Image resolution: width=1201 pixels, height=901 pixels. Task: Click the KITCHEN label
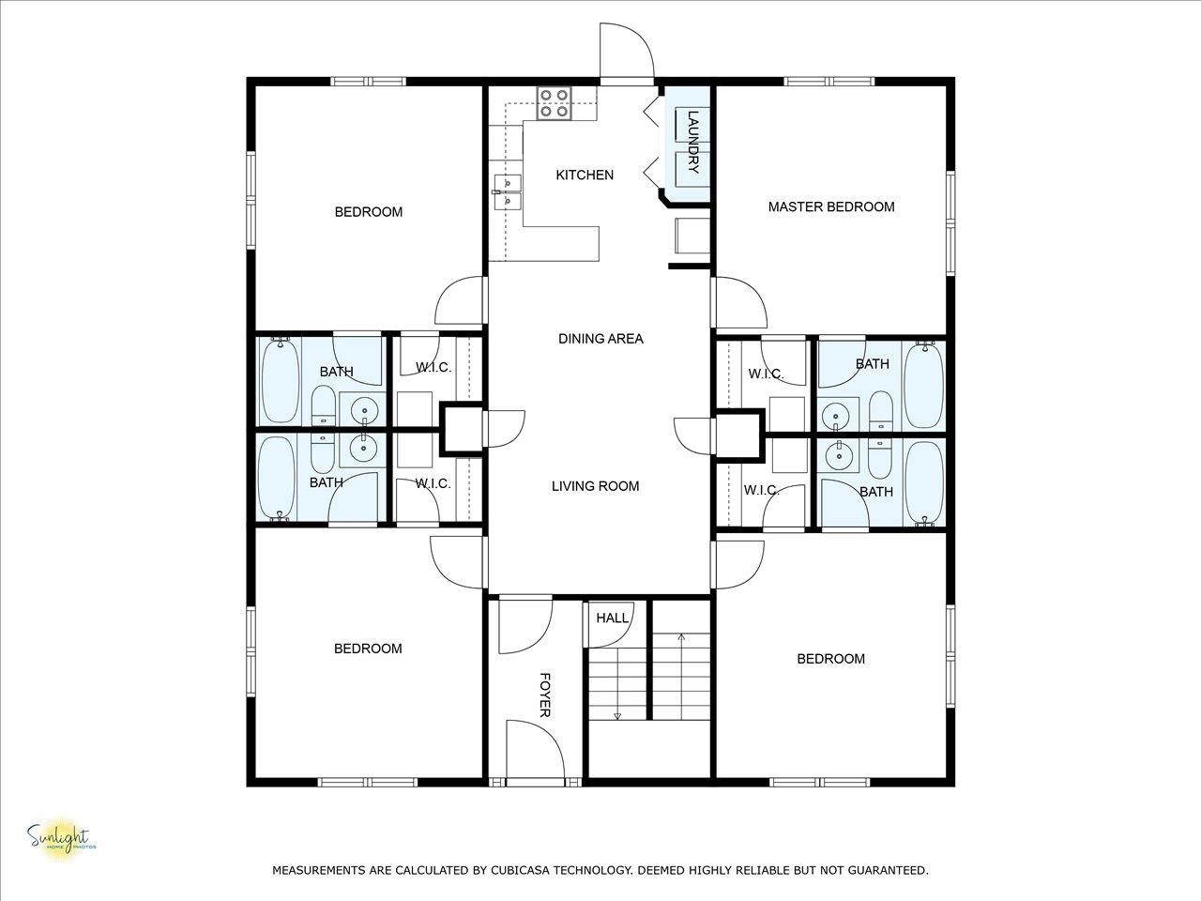(585, 176)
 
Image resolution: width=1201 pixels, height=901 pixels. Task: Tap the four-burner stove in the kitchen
(554, 103)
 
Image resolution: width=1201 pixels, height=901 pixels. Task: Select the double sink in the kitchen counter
(508, 192)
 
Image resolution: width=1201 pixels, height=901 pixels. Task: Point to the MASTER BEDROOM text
(831, 206)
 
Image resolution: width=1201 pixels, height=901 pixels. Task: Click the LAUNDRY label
(692, 142)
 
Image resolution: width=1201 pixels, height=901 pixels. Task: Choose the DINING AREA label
(600, 339)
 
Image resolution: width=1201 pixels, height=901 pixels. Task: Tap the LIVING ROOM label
(595, 486)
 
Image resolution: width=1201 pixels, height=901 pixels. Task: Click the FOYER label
(545, 695)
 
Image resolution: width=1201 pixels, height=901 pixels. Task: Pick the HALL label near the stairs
(613, 618)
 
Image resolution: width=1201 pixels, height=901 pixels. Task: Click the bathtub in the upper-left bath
(281, 380)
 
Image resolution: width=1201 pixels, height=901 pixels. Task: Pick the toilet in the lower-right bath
(880, 458)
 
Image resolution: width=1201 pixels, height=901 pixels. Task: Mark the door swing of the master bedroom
(739, 303)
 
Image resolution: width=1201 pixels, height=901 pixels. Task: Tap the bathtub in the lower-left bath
(277, 477)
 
